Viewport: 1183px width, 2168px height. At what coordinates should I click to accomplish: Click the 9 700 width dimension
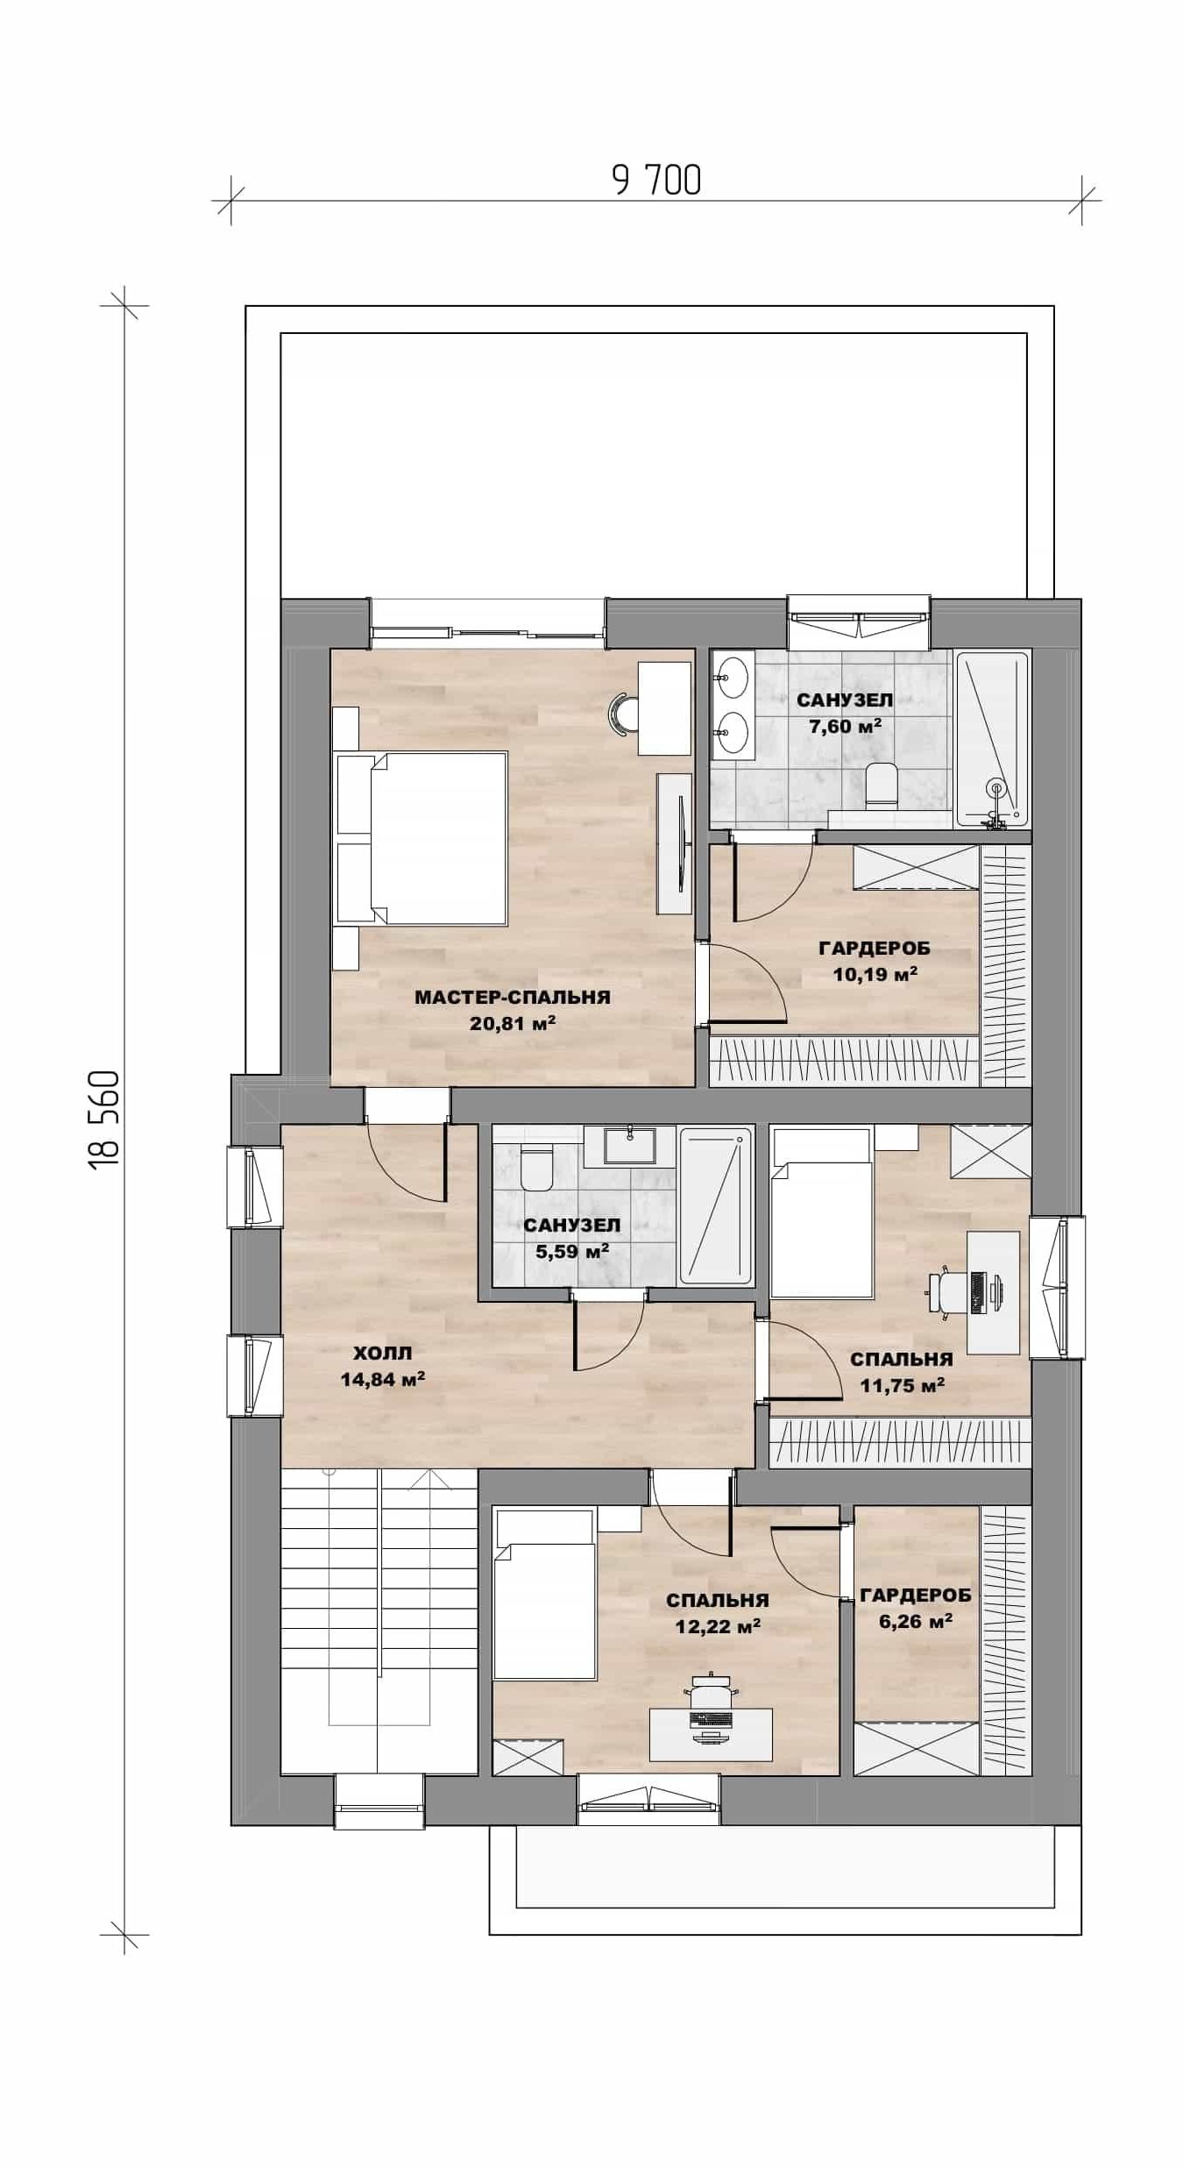[x=656, y=181]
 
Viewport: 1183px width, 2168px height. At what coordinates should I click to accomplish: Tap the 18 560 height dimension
[x=104, y=1117]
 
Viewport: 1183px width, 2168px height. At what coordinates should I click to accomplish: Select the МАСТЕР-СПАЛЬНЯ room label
[x=513, y=998]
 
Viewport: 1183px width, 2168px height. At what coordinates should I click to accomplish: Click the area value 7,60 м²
[x=845, y=726]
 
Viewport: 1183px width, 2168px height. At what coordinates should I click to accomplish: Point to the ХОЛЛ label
[x=383, y=1353]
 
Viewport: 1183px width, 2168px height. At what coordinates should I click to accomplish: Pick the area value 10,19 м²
[x=875, y=974]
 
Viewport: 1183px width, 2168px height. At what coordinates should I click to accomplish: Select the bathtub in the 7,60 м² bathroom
[x=991, y=738]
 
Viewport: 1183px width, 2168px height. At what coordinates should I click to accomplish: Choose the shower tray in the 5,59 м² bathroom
[x=716, y=1205]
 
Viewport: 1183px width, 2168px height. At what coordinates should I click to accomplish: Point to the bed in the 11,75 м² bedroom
[x=822, y=1212]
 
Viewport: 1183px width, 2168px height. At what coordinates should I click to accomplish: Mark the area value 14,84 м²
[x=383, y=1380]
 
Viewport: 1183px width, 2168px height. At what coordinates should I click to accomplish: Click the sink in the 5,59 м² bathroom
[x=630, y=1146]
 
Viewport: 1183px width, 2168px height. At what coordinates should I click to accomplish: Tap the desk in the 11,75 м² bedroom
[x=993, y=1291]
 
